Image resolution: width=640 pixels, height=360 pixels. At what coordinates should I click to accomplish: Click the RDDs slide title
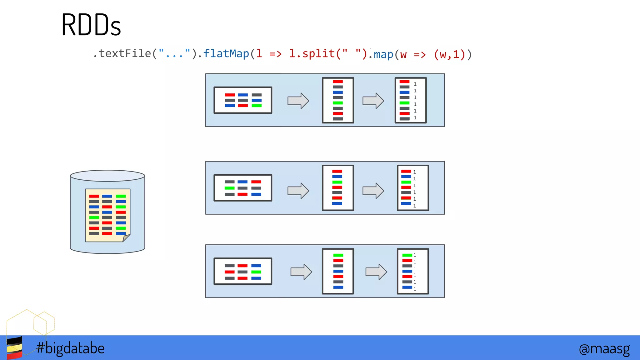(x=91, y=25)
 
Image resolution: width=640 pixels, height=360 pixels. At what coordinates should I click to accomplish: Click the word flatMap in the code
(x=226, y=54)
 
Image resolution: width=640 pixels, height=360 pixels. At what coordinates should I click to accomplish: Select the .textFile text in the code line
(x=122, y=54)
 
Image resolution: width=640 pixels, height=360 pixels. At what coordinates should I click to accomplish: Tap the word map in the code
(x=383, y=55)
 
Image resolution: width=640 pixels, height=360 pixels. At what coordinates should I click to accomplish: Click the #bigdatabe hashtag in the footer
(x=70, y=348)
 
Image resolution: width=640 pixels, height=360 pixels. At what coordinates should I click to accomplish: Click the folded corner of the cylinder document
(x=126, y=238)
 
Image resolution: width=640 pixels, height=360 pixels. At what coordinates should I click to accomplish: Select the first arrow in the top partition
(x=298, y=101)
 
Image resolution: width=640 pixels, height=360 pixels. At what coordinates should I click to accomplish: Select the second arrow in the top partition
(x=373, y=101)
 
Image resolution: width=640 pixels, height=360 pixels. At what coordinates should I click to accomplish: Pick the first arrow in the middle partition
(x=298, y=191)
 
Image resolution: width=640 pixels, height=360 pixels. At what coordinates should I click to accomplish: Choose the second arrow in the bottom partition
(x=376, y=272)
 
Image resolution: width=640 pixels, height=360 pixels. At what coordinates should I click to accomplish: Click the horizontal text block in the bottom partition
(x=243, y=271)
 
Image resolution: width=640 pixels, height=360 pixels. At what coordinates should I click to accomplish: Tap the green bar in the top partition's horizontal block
(x=257, y=106)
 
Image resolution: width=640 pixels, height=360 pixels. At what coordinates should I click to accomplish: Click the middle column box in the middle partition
(x=338, y=188)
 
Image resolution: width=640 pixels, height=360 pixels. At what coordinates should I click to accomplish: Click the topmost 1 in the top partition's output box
(x=415, y=84)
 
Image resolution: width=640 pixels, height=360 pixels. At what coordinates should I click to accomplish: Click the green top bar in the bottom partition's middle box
(x=338, y=255)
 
